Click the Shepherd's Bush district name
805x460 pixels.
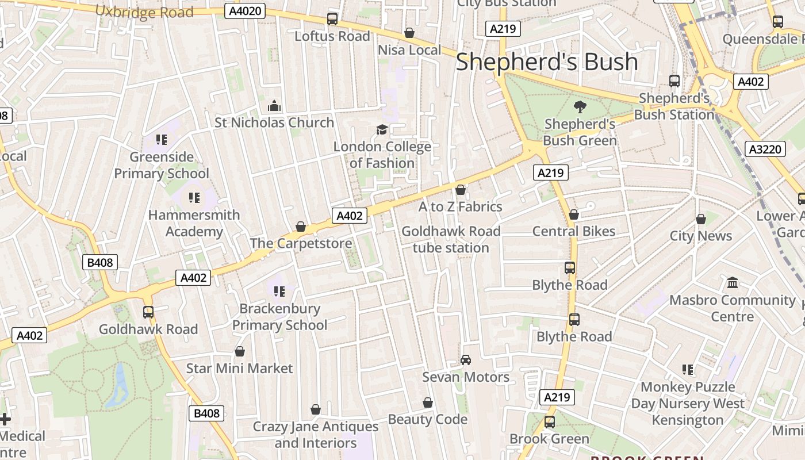click(547, 62)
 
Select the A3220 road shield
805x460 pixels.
click(766, 149)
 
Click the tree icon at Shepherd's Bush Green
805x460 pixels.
click(580, 106)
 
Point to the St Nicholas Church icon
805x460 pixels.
click(274, 106)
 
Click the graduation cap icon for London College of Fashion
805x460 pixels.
click(382, 129)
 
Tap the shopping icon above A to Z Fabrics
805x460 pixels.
click(460, 190)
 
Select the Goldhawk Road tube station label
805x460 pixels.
click(451, 239)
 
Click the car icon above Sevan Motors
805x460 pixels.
click(466, 360)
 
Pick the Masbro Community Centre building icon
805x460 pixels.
click(732, 283)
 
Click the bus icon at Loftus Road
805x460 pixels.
click(332, 19)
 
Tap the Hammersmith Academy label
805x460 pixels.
click(194, 223)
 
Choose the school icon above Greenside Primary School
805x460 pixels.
click(162, 140)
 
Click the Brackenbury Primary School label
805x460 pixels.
click(279, 317)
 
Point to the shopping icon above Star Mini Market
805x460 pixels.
click(239, 351)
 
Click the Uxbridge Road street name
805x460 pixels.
click(144, 11)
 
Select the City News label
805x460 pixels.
click(700, 236)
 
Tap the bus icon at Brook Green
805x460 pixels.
click(549, 422)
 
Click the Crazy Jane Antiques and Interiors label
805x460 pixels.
click(316, 435)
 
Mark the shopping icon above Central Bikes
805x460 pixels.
click(573, 214)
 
